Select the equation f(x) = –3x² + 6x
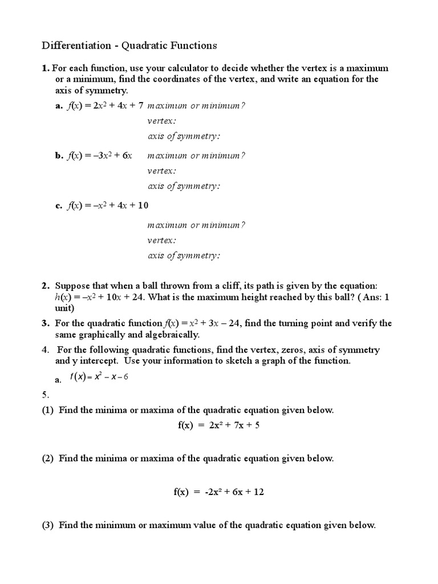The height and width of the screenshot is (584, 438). coord(100,155)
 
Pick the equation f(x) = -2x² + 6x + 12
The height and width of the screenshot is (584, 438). coord(219,492)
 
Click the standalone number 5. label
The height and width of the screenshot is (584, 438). coord(46,394)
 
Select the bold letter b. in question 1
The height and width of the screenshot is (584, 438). coord(59,155)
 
